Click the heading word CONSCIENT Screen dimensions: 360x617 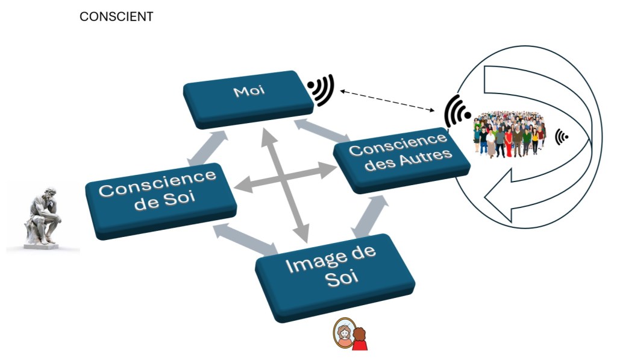tap(116, 17)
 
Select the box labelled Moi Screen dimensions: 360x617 tap(248, 98)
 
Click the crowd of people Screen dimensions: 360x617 tap(509, 134)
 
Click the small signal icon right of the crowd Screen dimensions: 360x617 tap(562, 137)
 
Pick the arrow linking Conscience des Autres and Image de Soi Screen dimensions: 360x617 tap(369, 216)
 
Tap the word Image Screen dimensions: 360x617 tap(315, 264)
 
